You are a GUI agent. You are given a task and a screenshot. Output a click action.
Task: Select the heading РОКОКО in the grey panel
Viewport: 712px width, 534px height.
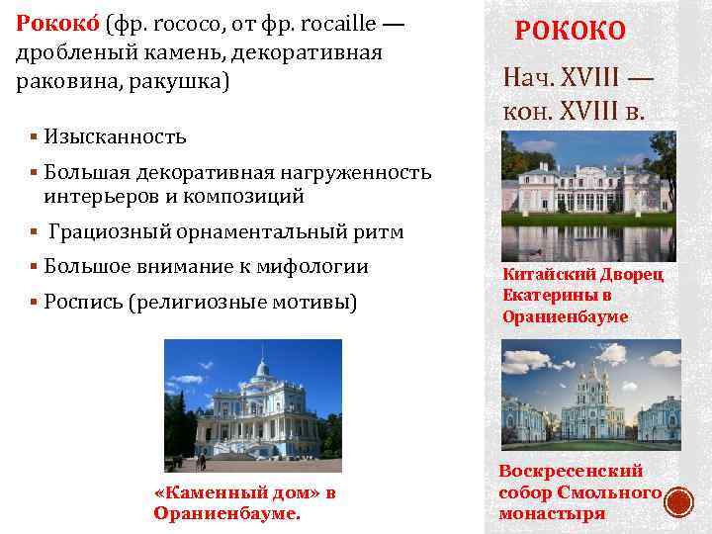pyautogui.click(x=571, y=31)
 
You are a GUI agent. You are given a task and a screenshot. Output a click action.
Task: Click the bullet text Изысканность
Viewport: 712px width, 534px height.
pyautogui.click(x=115, y=135)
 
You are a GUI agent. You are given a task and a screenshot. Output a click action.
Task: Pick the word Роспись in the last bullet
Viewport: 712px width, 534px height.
pyautogui.click(x=82, y=301)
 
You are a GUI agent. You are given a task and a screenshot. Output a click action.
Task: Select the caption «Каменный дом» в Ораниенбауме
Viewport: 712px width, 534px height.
pyautogui.click(x=245, y=502)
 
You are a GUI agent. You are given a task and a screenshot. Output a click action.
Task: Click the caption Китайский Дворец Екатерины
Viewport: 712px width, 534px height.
pyautogui.click(x=582, y=284)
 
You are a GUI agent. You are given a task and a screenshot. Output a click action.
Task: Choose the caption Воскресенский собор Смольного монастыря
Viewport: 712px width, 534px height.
pyautogui.click(x=579, y=492)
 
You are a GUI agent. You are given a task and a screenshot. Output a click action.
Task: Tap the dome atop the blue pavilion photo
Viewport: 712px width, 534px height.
pyautogui.click(x=261, y=367)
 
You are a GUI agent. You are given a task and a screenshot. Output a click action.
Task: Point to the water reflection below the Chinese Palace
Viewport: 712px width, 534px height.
pyautogui.click(x=587, y=239)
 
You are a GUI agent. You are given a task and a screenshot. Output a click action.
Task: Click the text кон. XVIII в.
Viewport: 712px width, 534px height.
pyautogui.click(x=574, y=112)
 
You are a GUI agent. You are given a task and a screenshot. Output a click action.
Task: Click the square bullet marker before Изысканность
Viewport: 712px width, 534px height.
pyautogui.click(x=34, y=135)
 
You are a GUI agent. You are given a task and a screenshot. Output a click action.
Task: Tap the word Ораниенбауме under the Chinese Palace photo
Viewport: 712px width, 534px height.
pyautogui.click(x=565, y=317)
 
